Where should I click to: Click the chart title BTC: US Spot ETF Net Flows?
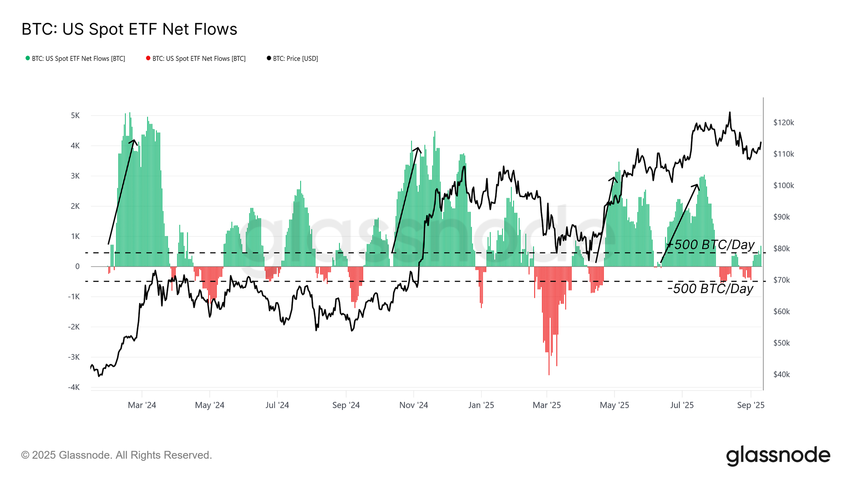[x=129, y=29]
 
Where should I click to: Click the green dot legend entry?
[x=75, y=58]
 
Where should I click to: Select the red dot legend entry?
[x=196, y=58]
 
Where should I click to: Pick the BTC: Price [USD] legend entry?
[x=293, y=58]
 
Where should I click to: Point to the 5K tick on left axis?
[x=75, y=116]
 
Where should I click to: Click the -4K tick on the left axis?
[x=74, y=387]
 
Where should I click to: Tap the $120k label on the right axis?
[x=783, y=122]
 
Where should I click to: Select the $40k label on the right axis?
[x=781, y=375]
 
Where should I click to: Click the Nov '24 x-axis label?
[x=413, y=405]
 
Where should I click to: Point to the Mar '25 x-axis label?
[x=546, y=405]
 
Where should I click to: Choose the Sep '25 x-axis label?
[x=751, y=405]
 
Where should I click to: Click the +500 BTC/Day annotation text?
[x=711, y=245]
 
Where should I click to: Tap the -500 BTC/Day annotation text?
[x=711, y=289]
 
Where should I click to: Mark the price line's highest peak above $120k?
[x=730, y=113]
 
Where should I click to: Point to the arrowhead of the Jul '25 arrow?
[x=697, y=185]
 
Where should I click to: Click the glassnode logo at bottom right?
[x=778, y=455]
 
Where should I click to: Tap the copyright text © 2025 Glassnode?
[x=116, y=455]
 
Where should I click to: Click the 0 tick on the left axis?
[x=77, y=267]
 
